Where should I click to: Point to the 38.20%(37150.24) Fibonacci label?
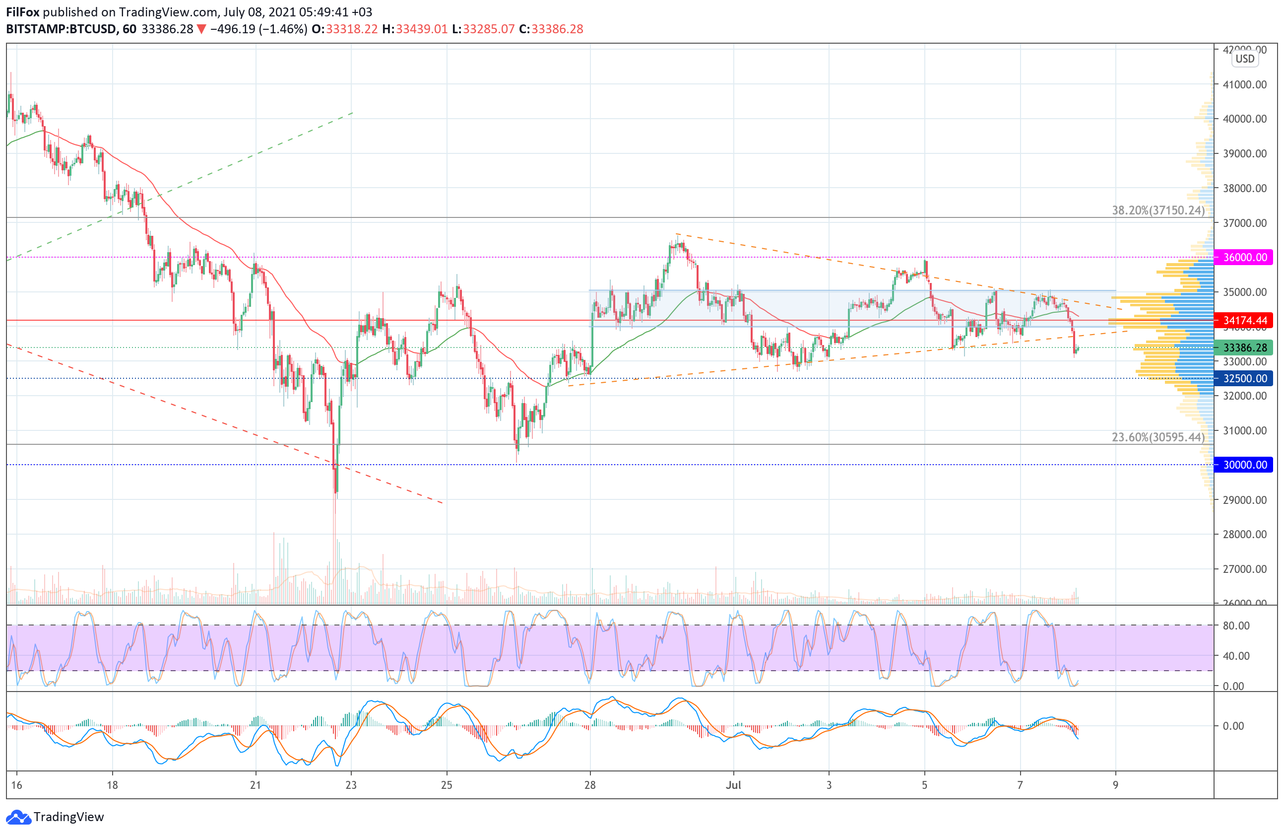1158,210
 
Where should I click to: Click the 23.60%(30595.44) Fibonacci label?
1158,437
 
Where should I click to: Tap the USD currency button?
1245,59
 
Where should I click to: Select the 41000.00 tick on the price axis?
1245,85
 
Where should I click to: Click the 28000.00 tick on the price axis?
1245,534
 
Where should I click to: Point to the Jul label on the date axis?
733,785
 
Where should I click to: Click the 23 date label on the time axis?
351,785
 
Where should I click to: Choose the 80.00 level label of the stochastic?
1236,626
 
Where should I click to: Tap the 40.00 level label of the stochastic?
1236,656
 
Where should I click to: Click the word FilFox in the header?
23,12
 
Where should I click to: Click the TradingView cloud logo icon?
18,817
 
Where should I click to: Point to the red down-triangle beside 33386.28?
201,29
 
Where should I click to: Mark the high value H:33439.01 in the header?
415,29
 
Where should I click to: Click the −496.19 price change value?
233,29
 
